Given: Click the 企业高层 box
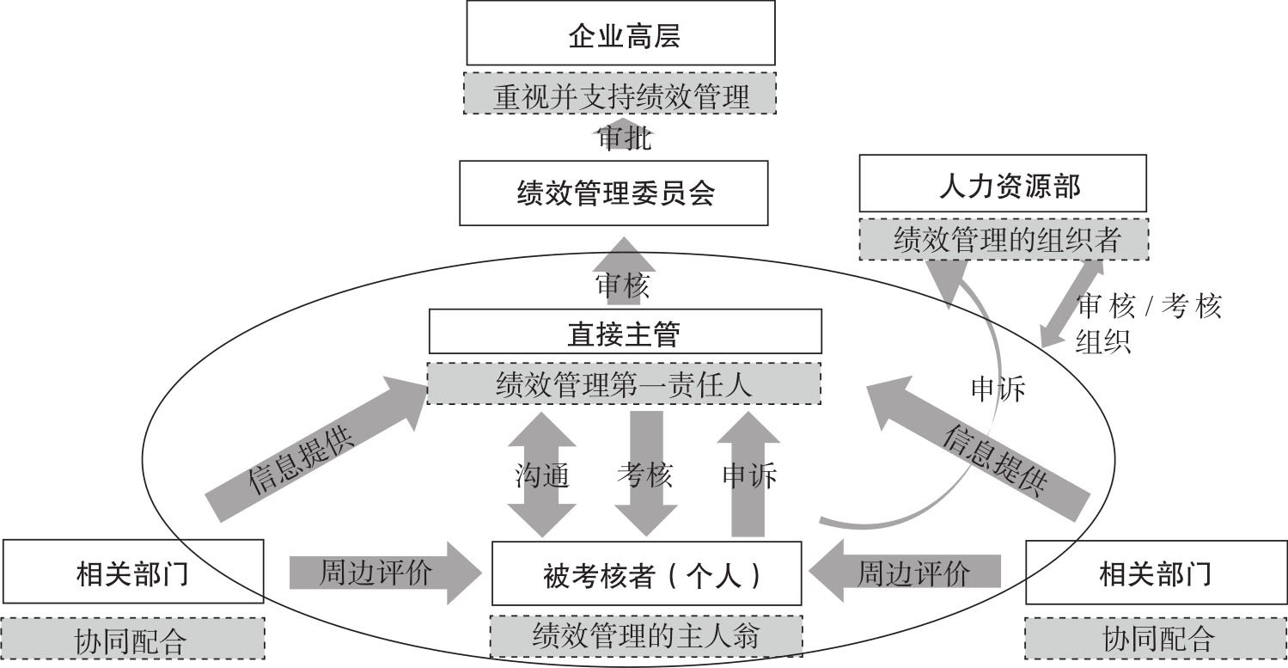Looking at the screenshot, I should click(620, 33).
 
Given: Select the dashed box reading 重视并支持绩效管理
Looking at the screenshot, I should click(620, 94).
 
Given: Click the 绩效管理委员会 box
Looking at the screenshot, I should click(613, 193).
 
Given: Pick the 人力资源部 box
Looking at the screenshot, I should click(1003, 183).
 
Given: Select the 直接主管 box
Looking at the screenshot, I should click(624, 331).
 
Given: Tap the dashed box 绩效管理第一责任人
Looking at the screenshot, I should click(624, 383).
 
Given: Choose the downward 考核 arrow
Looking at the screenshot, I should click(646, 474).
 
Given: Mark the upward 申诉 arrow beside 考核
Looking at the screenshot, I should click(748, 474).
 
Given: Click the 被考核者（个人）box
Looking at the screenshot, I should click(646, 573).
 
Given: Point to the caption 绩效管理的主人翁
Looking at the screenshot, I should click(646, 636).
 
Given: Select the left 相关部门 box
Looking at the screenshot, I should click(132, 572).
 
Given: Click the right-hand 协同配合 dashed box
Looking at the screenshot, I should click(1157, 638).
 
